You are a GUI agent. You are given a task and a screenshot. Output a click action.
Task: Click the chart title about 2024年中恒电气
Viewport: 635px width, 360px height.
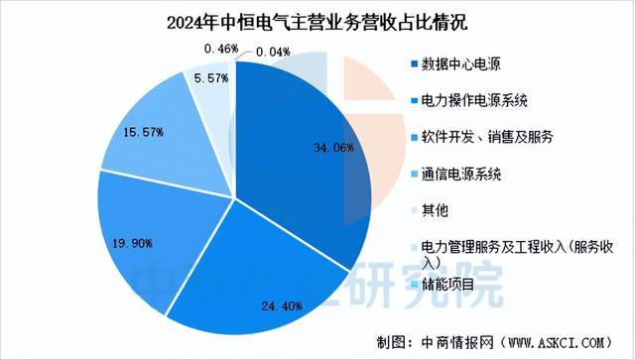317,21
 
